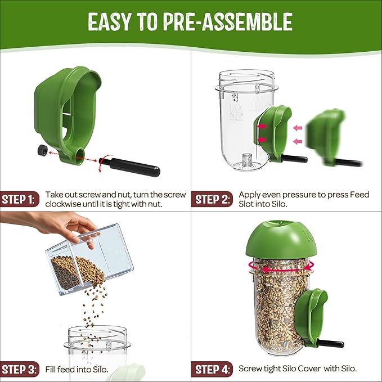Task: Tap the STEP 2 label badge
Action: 213,199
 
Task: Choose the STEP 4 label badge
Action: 213,370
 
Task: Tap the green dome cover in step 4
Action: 276,239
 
